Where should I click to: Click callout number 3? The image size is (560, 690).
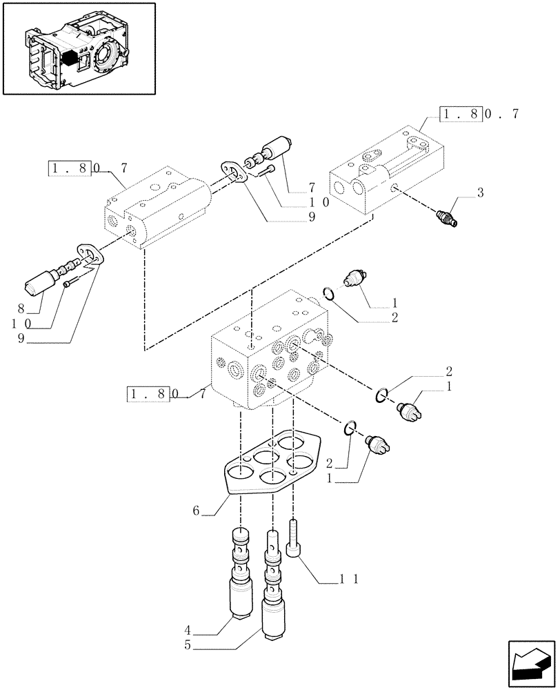(480, 192)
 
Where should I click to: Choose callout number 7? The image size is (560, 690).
(311, 187)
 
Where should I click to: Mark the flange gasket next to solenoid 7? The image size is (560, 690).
(234, 172)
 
